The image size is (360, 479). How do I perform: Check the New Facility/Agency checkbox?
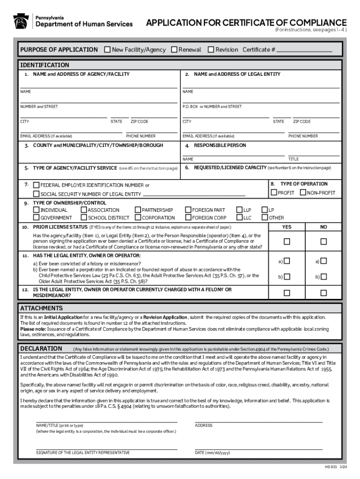(108, 50)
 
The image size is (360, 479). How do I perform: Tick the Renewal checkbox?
(174, 50)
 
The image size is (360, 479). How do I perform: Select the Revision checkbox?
(211, 50)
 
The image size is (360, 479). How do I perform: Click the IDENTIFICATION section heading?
(44, 65)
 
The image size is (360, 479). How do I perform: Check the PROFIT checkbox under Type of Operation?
(274, 193)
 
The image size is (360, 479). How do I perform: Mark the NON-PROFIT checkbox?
(303, 193)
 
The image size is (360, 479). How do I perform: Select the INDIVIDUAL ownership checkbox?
(36, 210)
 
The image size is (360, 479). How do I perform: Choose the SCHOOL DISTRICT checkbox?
(84, 218)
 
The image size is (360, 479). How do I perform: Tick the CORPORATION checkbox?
(138, 218)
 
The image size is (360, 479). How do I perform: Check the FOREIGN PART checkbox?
(188, 210)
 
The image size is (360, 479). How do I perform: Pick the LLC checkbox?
(239, 218)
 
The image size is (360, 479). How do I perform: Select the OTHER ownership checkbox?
(265, 218)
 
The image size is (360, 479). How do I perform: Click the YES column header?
(287, 227)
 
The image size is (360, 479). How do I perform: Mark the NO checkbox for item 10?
(323, 241)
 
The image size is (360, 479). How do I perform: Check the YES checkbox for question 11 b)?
(287, 277)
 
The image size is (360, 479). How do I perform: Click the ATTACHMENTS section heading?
(41, 308)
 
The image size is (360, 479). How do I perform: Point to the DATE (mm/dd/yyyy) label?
(213, 452)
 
